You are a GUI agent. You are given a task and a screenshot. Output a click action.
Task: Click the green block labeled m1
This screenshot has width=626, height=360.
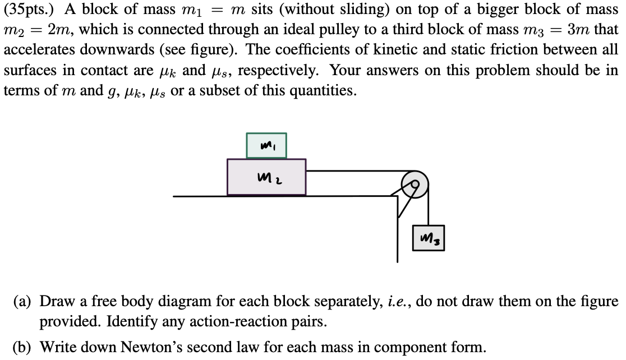(266, 145)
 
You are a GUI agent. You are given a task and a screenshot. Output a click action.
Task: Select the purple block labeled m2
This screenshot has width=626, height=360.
(266, 177)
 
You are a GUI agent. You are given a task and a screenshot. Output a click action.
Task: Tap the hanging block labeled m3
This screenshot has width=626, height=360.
(428, 238)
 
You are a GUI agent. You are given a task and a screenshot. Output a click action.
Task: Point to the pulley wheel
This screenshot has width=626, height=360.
(416, 182)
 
